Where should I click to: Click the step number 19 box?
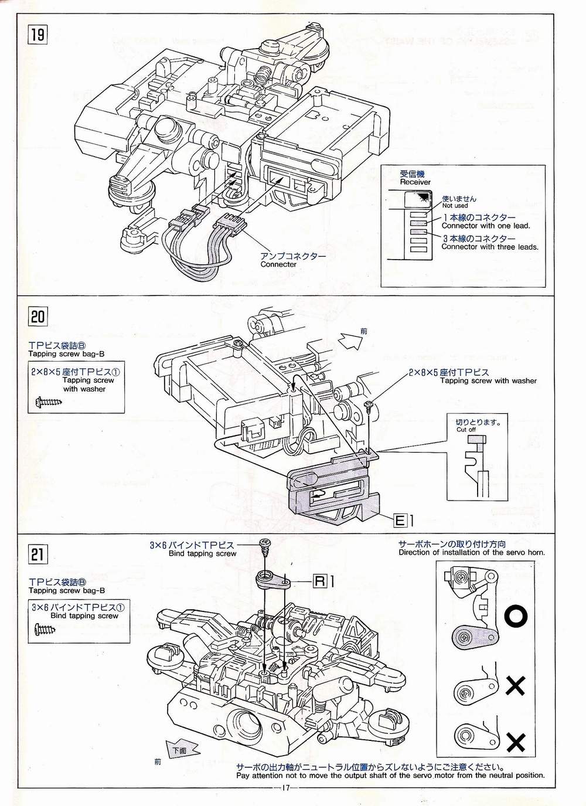[37, 35]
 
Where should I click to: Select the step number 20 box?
[37, 317]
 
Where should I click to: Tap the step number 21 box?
[37, 554]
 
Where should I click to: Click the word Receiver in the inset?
[415, 182]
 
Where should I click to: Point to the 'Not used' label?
[455, 206]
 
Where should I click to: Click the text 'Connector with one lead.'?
[485, 226]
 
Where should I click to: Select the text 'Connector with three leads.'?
[489, 247]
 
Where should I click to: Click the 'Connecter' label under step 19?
[278, 264]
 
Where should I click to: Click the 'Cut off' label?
[466, 429]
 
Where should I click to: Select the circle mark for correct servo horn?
[516, 615]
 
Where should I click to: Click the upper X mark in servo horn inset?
[515, 685]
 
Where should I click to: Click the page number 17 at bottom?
[286, 787]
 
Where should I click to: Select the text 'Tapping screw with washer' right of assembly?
[488, 381]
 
